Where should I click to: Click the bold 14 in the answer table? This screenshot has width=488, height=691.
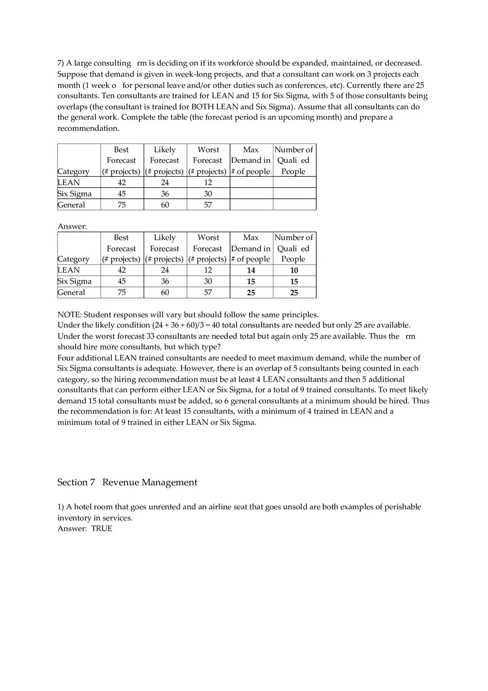(251, 270)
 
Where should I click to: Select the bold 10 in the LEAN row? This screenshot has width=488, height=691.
(294, 270)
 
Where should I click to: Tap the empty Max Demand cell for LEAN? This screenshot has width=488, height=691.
(251, 182)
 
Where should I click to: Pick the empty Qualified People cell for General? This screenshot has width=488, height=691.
(294, 204)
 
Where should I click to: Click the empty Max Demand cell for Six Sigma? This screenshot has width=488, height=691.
(251, 193)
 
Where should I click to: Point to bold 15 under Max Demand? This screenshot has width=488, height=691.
(251, 281)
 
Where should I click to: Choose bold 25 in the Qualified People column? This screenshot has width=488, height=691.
(294, 293)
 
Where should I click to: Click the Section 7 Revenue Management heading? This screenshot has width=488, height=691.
(127, 482)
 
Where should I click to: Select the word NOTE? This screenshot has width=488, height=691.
(69, 315)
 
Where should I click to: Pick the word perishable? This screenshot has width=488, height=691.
(399, 507)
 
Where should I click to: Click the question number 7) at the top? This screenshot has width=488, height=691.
(61, 63)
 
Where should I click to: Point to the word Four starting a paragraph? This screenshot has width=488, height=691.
(66, 358)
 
